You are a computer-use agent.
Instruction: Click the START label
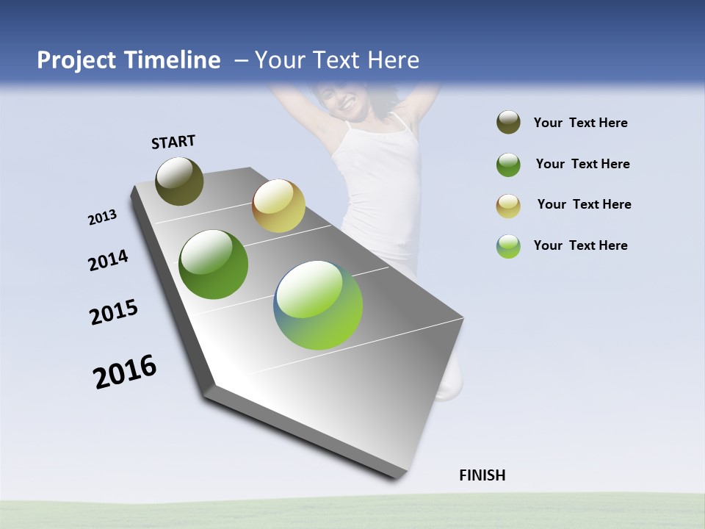[x=173, y=142]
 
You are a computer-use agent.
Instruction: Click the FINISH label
[x=482, y=475]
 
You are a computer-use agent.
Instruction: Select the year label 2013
[x=103, y=217]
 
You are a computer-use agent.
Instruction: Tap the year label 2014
[x=108, y=260]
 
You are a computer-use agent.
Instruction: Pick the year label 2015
[x=114, y=312]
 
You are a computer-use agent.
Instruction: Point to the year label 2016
[x=125, y=372]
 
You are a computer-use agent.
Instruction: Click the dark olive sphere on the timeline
[x=179, y=181]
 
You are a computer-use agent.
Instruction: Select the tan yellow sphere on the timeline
[x=278, y=206]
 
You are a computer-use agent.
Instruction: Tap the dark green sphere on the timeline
[x=213, y=264]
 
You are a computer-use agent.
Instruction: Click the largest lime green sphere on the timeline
[x=318, y=305]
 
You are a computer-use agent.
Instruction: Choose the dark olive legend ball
[x=508, y=123]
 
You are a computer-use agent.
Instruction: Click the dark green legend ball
[x=508, y=165]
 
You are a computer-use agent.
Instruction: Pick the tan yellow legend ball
[x=508, y=205]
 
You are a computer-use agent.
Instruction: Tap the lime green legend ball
[x=508, y=245]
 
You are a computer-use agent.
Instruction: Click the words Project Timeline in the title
[x=129, y=60]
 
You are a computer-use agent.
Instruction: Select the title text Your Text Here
[x=337, y=60]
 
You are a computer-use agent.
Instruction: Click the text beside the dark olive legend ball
[x=580, y=123]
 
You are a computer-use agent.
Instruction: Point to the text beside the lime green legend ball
[x=580, y=245]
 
